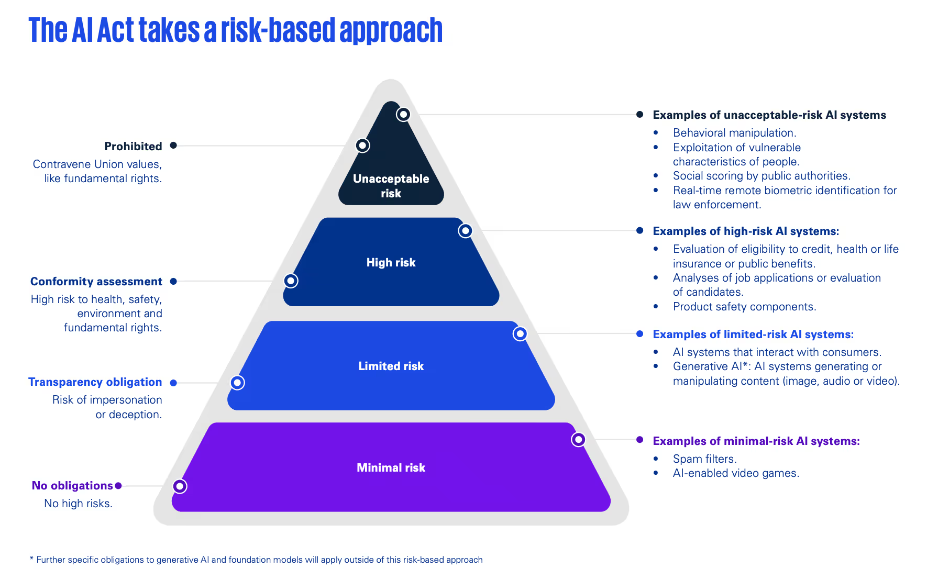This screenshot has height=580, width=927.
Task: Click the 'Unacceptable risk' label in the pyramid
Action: pyautogui.click(x=391, y=186)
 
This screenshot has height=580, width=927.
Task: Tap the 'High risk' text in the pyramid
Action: pyautogui.click(x=391, y=262)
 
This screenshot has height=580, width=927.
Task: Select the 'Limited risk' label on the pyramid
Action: pyautogui.click(x=391, y=366)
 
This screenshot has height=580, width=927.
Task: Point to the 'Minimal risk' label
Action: pyautogui.click(x=391, y=467)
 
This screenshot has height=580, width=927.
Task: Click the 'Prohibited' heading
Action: pyautogui.click(x=133, y=146)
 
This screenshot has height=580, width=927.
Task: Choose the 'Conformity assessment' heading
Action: pyautogui.click(x=96, y=281)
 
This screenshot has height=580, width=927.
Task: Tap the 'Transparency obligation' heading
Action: pyautogui.click(x=95, y=382)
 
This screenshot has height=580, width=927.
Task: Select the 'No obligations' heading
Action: pyautogui.click(x=72, y=485)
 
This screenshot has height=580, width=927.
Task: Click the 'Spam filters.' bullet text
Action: pyautogui.click(x=704, y=459)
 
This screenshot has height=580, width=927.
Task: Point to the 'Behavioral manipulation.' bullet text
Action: pyautogui.click(x=734, y=133)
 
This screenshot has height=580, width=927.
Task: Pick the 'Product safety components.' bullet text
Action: pyautogui.click(x=744, y=306)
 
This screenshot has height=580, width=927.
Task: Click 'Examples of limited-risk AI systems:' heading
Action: pyautogui.click(x=753, y=334)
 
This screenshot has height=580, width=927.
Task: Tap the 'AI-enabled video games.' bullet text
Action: pyautogui.click(x=736, y=473)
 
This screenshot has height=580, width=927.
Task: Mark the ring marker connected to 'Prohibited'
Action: pyautogui.click(x=362, y=146)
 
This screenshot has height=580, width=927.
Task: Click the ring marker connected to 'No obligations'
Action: pyautogui.click(x=180, y=486)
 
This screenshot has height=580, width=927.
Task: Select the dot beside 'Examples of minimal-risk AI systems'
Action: pyautogui.click(x=639, y=440)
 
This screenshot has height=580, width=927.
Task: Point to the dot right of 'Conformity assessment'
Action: pyautogui.click(x=173, y=281)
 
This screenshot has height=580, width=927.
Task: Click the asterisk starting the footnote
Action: pyautogui.click(x=31, y=559)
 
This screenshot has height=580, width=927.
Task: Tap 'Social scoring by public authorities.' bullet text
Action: pyautogui.click(x=762, y=176)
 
